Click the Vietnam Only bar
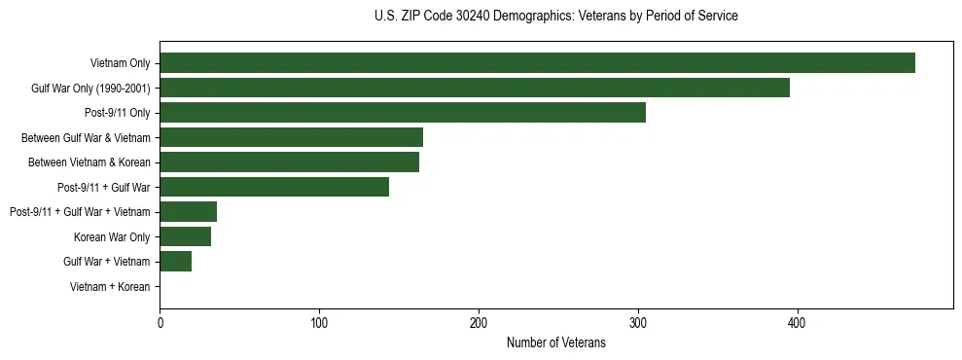click(537, 63)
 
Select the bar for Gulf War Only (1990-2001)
click(475, 88)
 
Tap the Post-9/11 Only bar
click(403, 113)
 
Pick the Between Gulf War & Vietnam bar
click(291, 137)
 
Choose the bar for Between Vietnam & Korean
click(289, 162)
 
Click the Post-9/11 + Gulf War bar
click(274, 187)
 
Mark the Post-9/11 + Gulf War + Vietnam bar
click(188, 212)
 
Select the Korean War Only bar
click(185, 236)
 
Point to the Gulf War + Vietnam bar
click(175, 262)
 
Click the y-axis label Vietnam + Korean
click(110, 287)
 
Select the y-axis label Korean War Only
click(112, 237)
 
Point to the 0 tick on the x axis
click(160, 323)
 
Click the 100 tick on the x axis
click(319, 323)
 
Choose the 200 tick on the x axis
click(479, 323)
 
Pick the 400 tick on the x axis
click(797, 323)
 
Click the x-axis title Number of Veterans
click(555, 343)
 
